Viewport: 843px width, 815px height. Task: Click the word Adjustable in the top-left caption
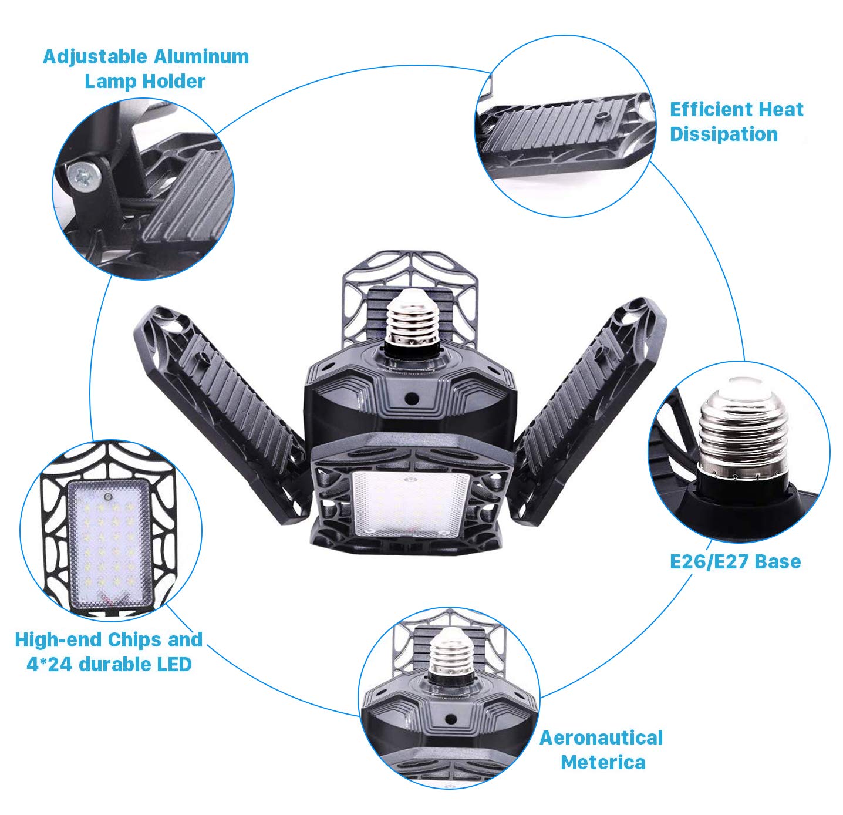tap(95, 58)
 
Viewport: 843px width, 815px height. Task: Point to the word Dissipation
tap(724, 134)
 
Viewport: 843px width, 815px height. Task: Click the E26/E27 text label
tap(709, 562)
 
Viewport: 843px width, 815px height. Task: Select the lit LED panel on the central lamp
tap(410, 504)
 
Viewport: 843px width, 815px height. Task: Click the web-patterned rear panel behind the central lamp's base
tap(410, 299)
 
